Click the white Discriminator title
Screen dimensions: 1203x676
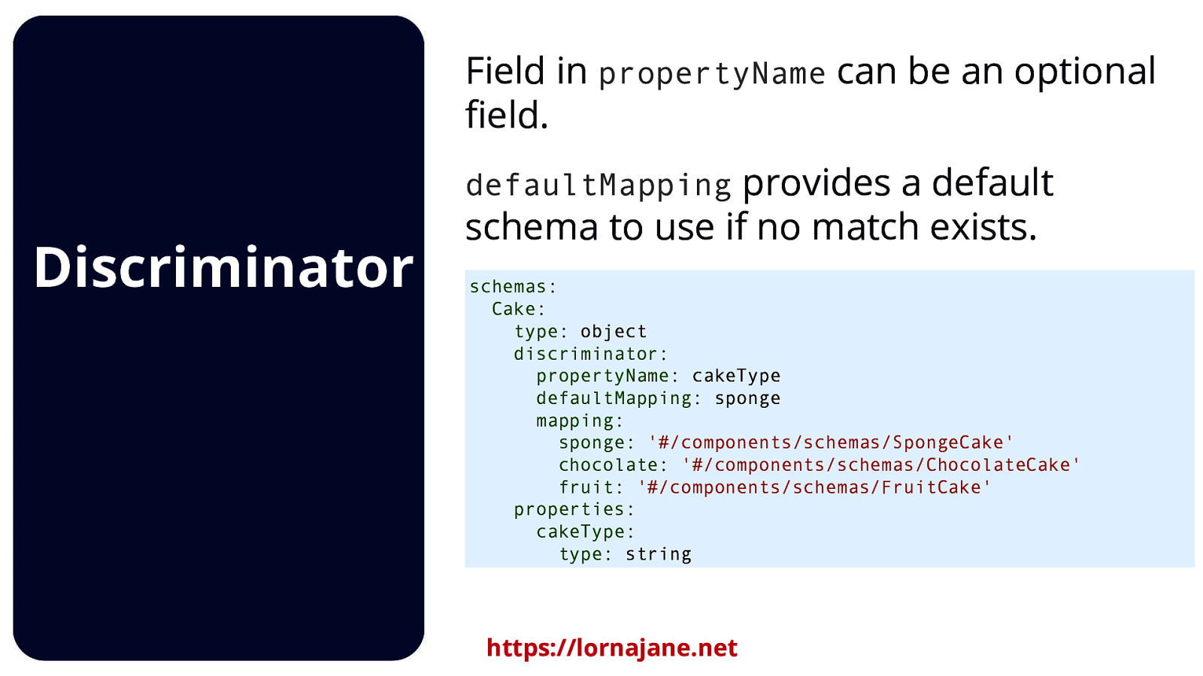coord(223,267)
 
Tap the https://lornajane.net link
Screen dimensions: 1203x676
coord(612,647)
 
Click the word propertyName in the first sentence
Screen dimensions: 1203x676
coord(711,74)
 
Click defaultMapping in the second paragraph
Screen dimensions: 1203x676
coord(598,185)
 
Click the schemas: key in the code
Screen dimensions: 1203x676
coord(513,286)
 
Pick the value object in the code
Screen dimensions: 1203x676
coord(614,331)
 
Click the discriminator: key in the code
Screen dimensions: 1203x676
coord(590,354)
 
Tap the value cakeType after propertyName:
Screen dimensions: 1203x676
coord(736,376)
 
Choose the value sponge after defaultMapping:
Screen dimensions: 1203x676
coord(747,399)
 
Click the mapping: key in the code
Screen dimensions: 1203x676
coord(580,421)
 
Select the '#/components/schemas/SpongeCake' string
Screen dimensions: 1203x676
coord(830,442)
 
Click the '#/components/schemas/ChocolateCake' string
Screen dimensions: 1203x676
coord(880,465)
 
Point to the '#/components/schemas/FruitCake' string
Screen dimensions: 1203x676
coord(814,487)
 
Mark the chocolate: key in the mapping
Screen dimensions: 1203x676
coord(613,465)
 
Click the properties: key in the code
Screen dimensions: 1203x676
coord(574,510)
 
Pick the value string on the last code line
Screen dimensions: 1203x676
coord(659,554)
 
